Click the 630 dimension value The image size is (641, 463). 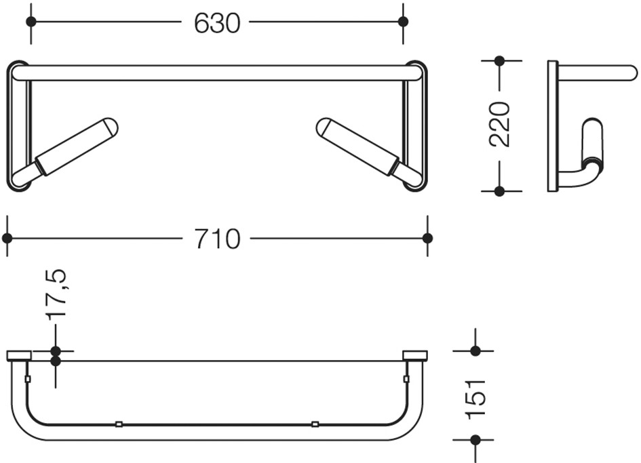pos(216,23)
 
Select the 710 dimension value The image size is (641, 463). pos(217,239)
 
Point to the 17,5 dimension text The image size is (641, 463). pos(56,294)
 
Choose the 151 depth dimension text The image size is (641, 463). pos(475,399)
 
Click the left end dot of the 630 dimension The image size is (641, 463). pos(31,21)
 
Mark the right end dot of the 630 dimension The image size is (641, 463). pos(403,21)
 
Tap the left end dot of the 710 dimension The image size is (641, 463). pos(7,238)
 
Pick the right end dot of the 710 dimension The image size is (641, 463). pos(427,238)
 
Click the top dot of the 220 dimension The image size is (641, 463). pos(499,61)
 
